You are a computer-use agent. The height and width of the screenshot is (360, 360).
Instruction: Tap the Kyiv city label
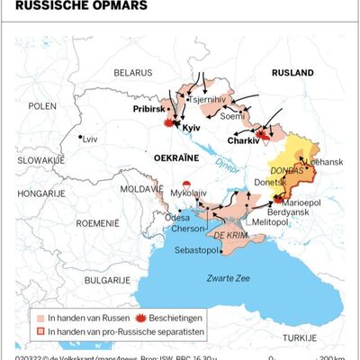tap(191, 129)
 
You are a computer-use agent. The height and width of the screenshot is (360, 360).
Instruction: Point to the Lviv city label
tap(89, 139)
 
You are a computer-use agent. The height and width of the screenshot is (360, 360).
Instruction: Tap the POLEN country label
tap(41, 105)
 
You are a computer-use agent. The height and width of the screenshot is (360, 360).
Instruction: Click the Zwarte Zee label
tap(229, 278)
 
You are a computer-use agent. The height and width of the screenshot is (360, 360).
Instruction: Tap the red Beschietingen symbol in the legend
tap(139, 318)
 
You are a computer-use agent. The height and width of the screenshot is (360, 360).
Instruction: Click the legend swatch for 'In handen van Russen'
tap(40, 318)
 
